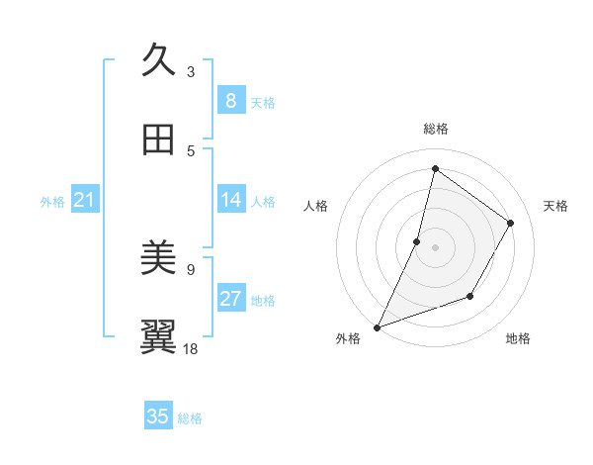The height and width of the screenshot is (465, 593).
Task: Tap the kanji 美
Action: pyautogui.click(x=159, y=258)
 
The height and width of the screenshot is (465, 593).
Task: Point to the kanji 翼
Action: pyautogui.click(x=159, y=337)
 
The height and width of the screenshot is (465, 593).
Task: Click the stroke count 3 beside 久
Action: pyautogui.click(x=191, y=71)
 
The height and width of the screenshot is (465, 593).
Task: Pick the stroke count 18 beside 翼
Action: pyautogui.click(x=191, y=348)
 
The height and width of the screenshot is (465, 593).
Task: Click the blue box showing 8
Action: pyautogui.click(x=230, y=101)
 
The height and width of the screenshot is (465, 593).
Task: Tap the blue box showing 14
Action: pyautogui.click(x=230, y=200)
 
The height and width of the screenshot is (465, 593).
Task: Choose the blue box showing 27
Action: pyautogui.click(x=230, y=299)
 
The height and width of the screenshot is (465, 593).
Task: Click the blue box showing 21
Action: pyautogui.click(x=84, y=201)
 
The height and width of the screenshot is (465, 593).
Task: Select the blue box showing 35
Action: pyautogui.click(x=158, y=417)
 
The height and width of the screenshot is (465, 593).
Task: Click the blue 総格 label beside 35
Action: pyautogui.click(x=190, y=418)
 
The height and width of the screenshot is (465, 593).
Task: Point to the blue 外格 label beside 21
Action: pyautogui.click(x=52, y=202)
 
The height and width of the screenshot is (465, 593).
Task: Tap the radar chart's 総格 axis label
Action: pyautogui.click(x=435, y=129)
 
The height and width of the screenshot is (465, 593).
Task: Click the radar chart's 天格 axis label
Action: pyautogui.click(x=556, y=206)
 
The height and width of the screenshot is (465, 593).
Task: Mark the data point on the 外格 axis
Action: pyautogui.click(x=377, y=326)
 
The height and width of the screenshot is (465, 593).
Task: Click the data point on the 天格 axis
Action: pyautogui.click(x=511, y=223)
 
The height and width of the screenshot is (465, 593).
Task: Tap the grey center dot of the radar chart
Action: pyautogui.click(x=435, y=247)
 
